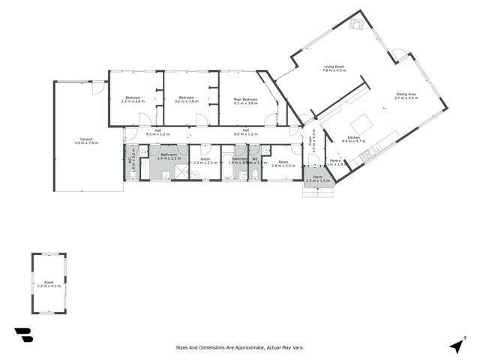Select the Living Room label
(x=334, y=69)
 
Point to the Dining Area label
(x=406, y=95)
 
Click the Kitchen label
(x=352, y=139)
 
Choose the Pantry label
(x=335, y=162)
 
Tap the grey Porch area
(x=318, y=180)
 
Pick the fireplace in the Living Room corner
(x=357, y=24)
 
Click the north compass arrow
(x=456, y=346)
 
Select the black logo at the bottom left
(x=23, y=335)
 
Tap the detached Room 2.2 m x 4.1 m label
(x=49, y=284)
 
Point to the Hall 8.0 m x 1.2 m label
(x=246, y=133)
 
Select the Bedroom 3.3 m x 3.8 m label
(x=132, y=100)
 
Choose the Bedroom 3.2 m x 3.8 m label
(x=186, y=100)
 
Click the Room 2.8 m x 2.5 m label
(x=283, y=163)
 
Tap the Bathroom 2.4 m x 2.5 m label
(x=169, y=157)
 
